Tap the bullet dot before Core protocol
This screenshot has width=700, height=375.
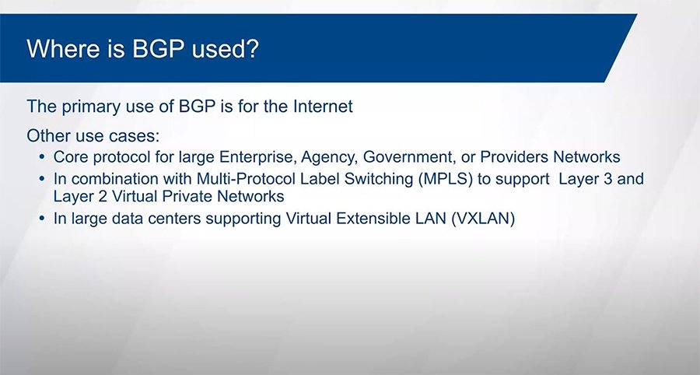tap(42, 157)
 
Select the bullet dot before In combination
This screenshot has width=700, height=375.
tap(42, 179)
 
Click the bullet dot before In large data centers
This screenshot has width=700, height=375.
tap(42, 220)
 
